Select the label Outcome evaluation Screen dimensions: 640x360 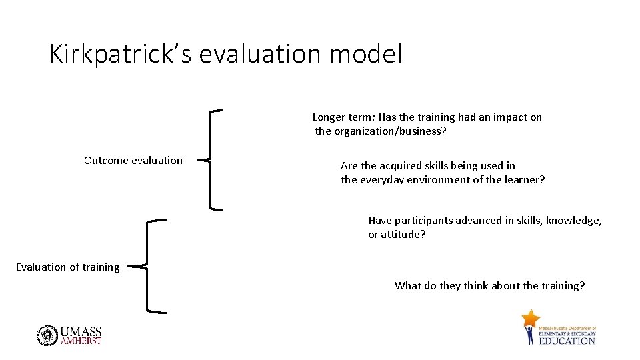pyautogui.click(x=133, y=160)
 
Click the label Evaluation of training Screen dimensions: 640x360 pyautogui.click(x=67, y=267)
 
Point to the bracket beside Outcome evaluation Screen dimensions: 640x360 pyautogui.click(x=213, y=160)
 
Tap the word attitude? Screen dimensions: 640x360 pyautogui.click(x=403, y=235)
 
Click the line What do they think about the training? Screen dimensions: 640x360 pyautogui.click(x=490, y=285)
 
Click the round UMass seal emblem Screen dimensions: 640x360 pyautogui.click(x=47, y=335)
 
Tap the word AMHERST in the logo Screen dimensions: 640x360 pyautogui.click(x=81, y=341)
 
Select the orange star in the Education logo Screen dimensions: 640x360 pyautogui.click(x=531, y=318)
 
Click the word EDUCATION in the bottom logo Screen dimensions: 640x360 pyautogui.click(x=567, y=341)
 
